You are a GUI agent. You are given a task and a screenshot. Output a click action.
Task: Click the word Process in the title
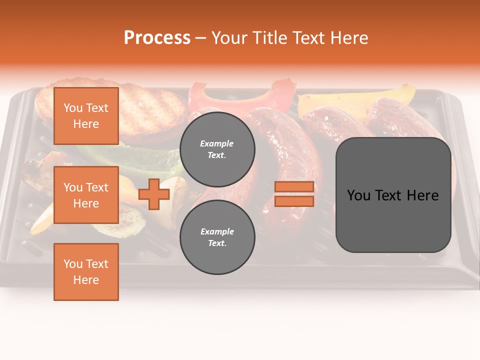[157, 38]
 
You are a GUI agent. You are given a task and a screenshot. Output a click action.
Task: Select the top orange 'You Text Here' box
[86, 116]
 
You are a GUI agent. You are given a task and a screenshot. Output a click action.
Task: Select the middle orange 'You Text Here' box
[86, 195]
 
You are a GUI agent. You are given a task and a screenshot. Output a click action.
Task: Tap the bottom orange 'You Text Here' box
[86, 271]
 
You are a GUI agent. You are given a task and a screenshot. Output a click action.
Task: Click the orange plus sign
[154, 194]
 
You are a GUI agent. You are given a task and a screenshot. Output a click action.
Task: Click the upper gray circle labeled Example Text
[217, 149]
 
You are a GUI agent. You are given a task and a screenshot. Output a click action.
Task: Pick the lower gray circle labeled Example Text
[217, 237]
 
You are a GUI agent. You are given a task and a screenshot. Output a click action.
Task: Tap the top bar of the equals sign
[294, 186]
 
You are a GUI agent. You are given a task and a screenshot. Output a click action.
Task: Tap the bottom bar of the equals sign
[294, 201]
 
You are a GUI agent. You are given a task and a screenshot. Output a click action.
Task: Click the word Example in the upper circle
[217, 143]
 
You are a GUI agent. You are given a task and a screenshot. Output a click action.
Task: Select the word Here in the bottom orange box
[86, 280]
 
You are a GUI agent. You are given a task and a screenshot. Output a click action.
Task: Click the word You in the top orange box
[72, 108]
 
